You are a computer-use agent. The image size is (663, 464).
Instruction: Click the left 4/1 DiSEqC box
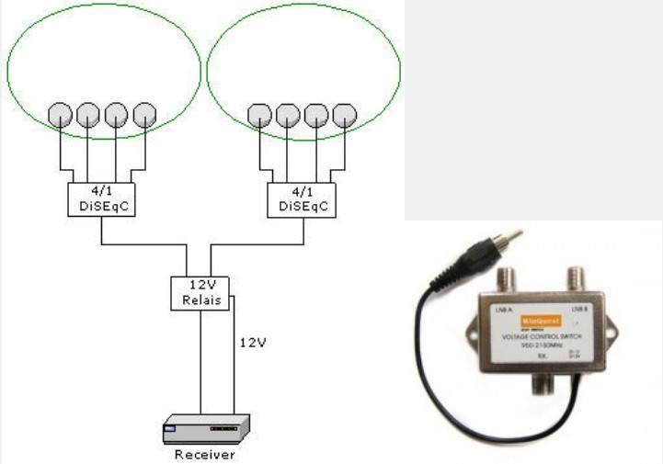(101, 199)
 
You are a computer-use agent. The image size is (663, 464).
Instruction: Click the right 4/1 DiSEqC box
(301, 199)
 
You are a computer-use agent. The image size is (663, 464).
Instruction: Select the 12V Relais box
(201, 292)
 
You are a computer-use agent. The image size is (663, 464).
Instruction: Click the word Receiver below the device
(203, 455)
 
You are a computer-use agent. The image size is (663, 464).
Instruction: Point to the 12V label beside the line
(252, 343)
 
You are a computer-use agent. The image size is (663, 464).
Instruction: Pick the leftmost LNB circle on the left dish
(60, 115)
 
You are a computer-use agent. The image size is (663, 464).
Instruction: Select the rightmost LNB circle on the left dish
(144, 115)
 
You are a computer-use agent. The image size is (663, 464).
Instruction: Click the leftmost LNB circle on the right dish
(259, 115)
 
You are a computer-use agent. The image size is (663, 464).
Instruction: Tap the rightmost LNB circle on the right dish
(344, 115)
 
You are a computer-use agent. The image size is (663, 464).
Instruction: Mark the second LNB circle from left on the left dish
(87, 115)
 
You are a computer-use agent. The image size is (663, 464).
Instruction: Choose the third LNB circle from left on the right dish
(316, 115)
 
